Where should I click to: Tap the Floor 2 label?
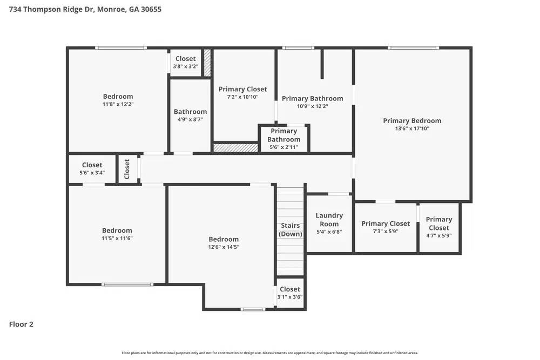pos(22,324)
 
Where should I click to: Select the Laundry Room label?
pos(329,220)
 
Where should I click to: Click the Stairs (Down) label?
pos(291,229)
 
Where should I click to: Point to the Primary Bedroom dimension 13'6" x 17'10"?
pos(412,128)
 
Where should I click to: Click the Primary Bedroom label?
pos(412,121)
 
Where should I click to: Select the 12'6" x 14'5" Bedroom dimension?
pos(224,247)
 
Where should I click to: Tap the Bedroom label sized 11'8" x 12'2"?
pos(118,97)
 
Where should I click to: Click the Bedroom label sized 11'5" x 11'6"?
pos(117,230)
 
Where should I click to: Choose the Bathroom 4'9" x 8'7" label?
pos(190,112)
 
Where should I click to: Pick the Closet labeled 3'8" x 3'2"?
pos(186,59)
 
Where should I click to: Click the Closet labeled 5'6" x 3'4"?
pos(92,165)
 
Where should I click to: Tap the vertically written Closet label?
pos(127,169)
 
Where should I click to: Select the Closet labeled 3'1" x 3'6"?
pos(290,289)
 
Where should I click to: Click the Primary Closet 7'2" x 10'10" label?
pos(242,90)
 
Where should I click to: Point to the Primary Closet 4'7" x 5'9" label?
pos(438,223)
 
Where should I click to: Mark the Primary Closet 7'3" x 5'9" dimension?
pos(386,231)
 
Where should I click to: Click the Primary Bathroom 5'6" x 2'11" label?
pos(283,135)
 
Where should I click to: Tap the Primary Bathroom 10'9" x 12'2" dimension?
pos(312,106)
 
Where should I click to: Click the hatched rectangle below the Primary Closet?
pos(235,147)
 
